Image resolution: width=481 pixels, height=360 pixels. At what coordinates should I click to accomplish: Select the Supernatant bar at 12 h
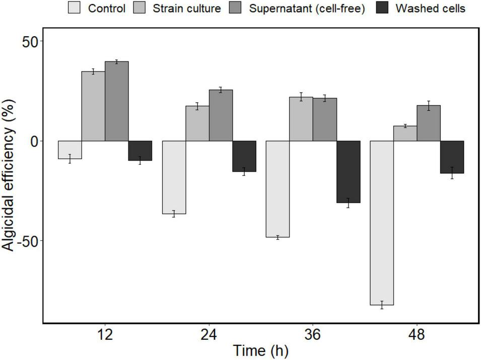[x=117, y=101]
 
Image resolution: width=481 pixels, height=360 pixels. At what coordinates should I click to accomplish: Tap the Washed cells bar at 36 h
[x=349, y=172]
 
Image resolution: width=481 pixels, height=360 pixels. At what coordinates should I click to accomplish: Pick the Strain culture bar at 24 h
[x=197, y=123]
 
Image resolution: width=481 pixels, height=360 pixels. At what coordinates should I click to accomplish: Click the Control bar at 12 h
[x=70, y=150]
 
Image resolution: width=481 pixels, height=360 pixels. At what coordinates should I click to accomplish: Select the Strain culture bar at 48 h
[x=405, y=133]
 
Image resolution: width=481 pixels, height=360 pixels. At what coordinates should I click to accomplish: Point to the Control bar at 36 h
[x=278, y=189]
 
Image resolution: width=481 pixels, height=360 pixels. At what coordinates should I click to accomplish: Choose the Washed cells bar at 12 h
[x=140, y=151]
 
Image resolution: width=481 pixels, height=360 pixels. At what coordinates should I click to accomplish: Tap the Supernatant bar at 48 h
[x=429, y=123]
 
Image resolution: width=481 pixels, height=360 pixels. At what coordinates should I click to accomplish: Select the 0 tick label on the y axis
[x=33, y=141]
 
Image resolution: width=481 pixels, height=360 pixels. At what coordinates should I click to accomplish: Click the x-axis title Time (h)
[x=260, y=351]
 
